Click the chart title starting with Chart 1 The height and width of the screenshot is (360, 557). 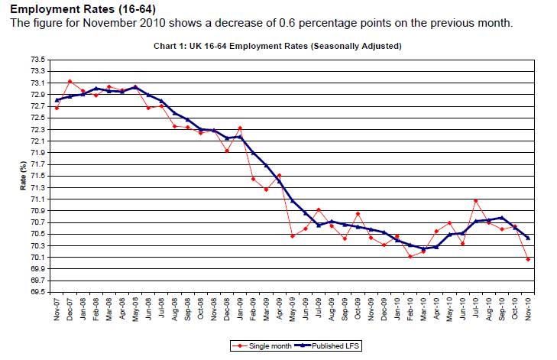click(277, 46)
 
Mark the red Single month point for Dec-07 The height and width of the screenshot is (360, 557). click(70, 81)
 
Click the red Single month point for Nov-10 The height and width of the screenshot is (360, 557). click(528, 259)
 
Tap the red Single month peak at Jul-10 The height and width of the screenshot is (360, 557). click(475, 201)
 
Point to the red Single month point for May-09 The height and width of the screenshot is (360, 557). click(293, 236)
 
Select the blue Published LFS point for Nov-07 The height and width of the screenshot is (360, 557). click(57, 100)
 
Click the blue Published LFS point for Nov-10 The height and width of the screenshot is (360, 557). click(528, 238)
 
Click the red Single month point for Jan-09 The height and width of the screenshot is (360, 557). click(240, 128)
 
